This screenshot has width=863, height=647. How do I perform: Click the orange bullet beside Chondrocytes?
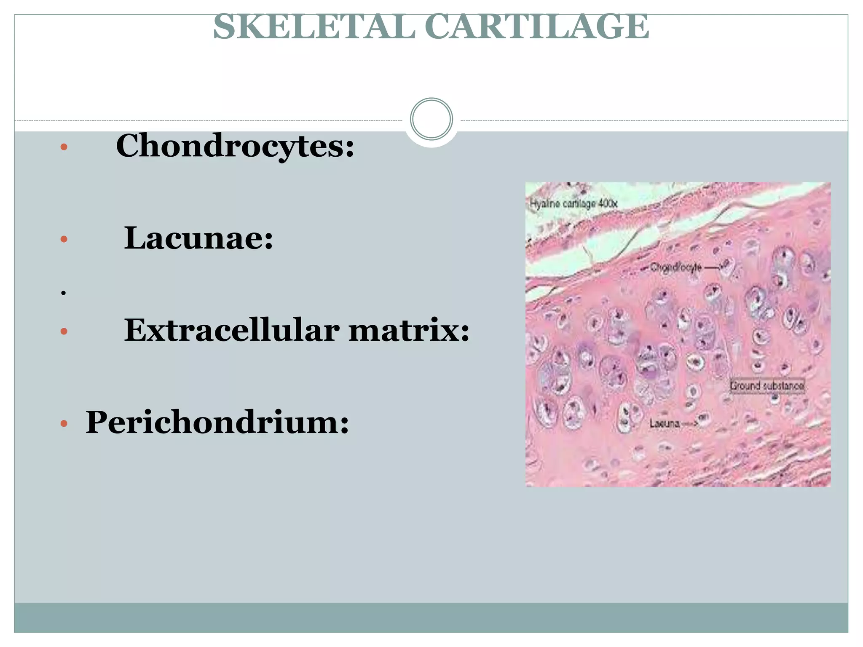[x=64, y=147]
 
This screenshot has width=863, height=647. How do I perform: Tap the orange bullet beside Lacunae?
[x=64, y=239]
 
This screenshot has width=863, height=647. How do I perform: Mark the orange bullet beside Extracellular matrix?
[x=64, y=332]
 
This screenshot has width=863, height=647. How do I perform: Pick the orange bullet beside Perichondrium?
[x=64, y=423]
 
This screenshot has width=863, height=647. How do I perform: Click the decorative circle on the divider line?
[x=431, y=119]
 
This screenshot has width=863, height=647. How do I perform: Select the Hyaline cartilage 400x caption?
[x=574, y=204]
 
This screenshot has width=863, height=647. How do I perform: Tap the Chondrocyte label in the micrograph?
[x=676, y=267]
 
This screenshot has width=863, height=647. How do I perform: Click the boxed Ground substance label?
[x=767, y=385]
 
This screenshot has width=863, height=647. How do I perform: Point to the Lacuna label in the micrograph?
[x=664, y=423]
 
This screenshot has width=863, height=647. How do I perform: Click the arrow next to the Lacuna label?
[x=690, y=423]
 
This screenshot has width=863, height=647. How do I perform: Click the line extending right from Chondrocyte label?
[x=713, y=267]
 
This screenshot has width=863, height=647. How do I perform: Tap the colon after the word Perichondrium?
[x=345, y=425]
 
